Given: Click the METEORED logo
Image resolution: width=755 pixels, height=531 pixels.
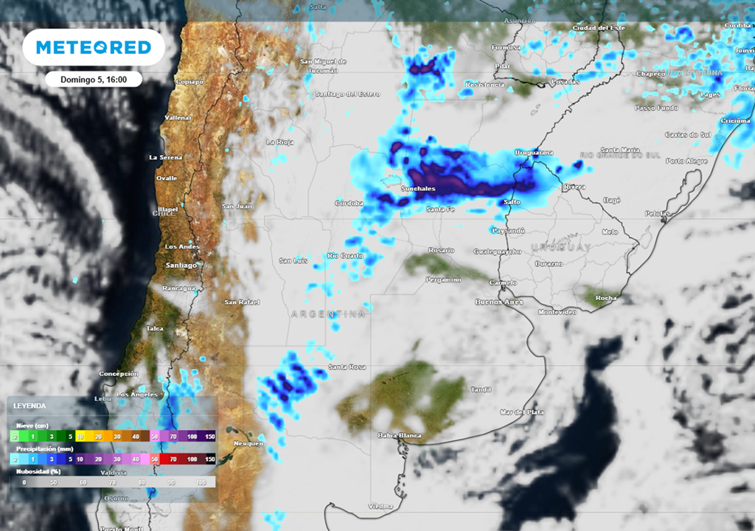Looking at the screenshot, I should click(x=94, y=47).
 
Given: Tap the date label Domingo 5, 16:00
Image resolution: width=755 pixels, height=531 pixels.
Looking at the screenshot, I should click(x=93, y=79).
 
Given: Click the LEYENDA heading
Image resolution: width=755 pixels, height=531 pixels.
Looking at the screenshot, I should click(x=29, y=406).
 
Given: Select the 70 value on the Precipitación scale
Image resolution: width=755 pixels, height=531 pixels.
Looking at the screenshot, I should click(x=173, y=459).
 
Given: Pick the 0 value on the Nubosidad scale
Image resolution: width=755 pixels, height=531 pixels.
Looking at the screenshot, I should click(x=24, y=482).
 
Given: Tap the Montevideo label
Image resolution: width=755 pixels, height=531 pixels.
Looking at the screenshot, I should click(x=557, y=312).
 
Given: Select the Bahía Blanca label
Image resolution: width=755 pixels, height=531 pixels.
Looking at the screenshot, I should click(x=399, y=435).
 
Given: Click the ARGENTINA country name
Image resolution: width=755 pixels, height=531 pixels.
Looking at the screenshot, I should click(x=328, y=314).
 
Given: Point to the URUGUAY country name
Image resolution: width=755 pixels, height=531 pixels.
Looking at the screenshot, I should click(x=560, y=247).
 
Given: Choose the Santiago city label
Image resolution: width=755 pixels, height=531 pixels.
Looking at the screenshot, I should click(x=181, y=265).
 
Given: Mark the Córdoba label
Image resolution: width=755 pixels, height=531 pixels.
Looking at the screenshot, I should click(x=349, y=203).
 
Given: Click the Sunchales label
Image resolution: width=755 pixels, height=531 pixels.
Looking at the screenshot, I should click(x=418, y=189).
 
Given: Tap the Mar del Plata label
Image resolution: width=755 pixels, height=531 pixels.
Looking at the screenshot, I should click(x=522, y=412).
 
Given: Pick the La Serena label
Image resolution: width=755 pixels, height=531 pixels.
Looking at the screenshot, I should click(x=164, y=157).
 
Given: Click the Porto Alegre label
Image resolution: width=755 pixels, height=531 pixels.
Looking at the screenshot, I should click(x=686, y=161).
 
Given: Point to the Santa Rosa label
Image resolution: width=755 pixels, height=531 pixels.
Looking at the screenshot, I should click(x=347, y=367).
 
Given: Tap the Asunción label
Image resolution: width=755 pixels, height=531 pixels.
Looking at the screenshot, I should click(x=519, y=21).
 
